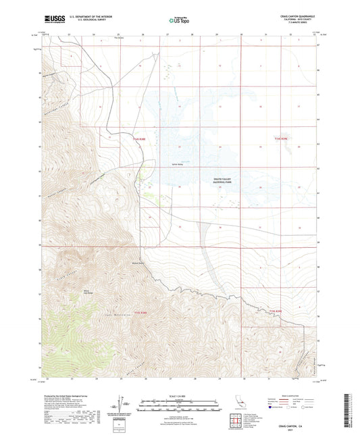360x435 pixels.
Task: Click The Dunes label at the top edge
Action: point(120,38)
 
